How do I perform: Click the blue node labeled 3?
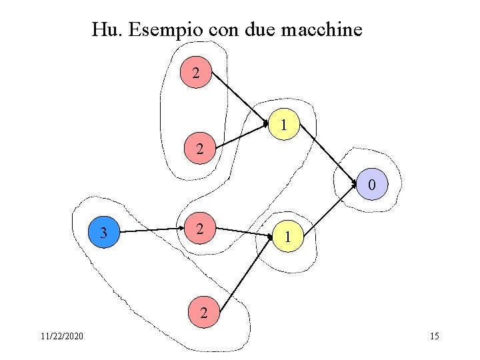click(x=103, y=233)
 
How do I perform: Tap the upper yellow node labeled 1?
click(x=285, y=124)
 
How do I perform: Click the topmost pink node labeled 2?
click(x=196, y=73)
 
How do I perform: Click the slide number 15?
click(x=435, y=336)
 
